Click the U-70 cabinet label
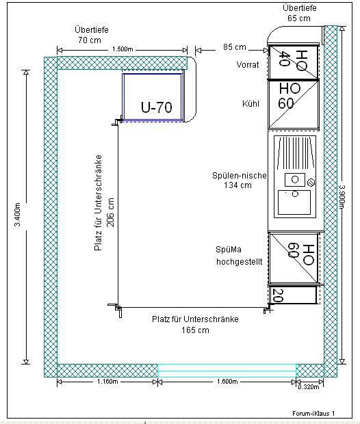tap(157, 107)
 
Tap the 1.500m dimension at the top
tap(123, 49)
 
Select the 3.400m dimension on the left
tap(17, 215)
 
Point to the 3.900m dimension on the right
tap(342, 197)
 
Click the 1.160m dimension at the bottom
tap(107, 382)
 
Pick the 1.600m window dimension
tap(227, 382)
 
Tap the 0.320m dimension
tap(309, 387)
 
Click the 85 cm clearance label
tap(234, 47)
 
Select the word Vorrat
tap(248, 65)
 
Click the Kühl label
tap(250, 104)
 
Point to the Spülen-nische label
tap(240, 176)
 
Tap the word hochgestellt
tap(240, 262)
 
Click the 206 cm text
tap(110, 213)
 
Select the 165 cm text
tap(195, 330)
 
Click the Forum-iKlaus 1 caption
tap(313, 414)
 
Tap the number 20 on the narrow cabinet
tap(278, 295)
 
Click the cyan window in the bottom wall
tap(227, 371)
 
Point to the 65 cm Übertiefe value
tap(299, 18)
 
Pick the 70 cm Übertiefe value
tap(90, 40)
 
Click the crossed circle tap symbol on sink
tap(311, 183)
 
